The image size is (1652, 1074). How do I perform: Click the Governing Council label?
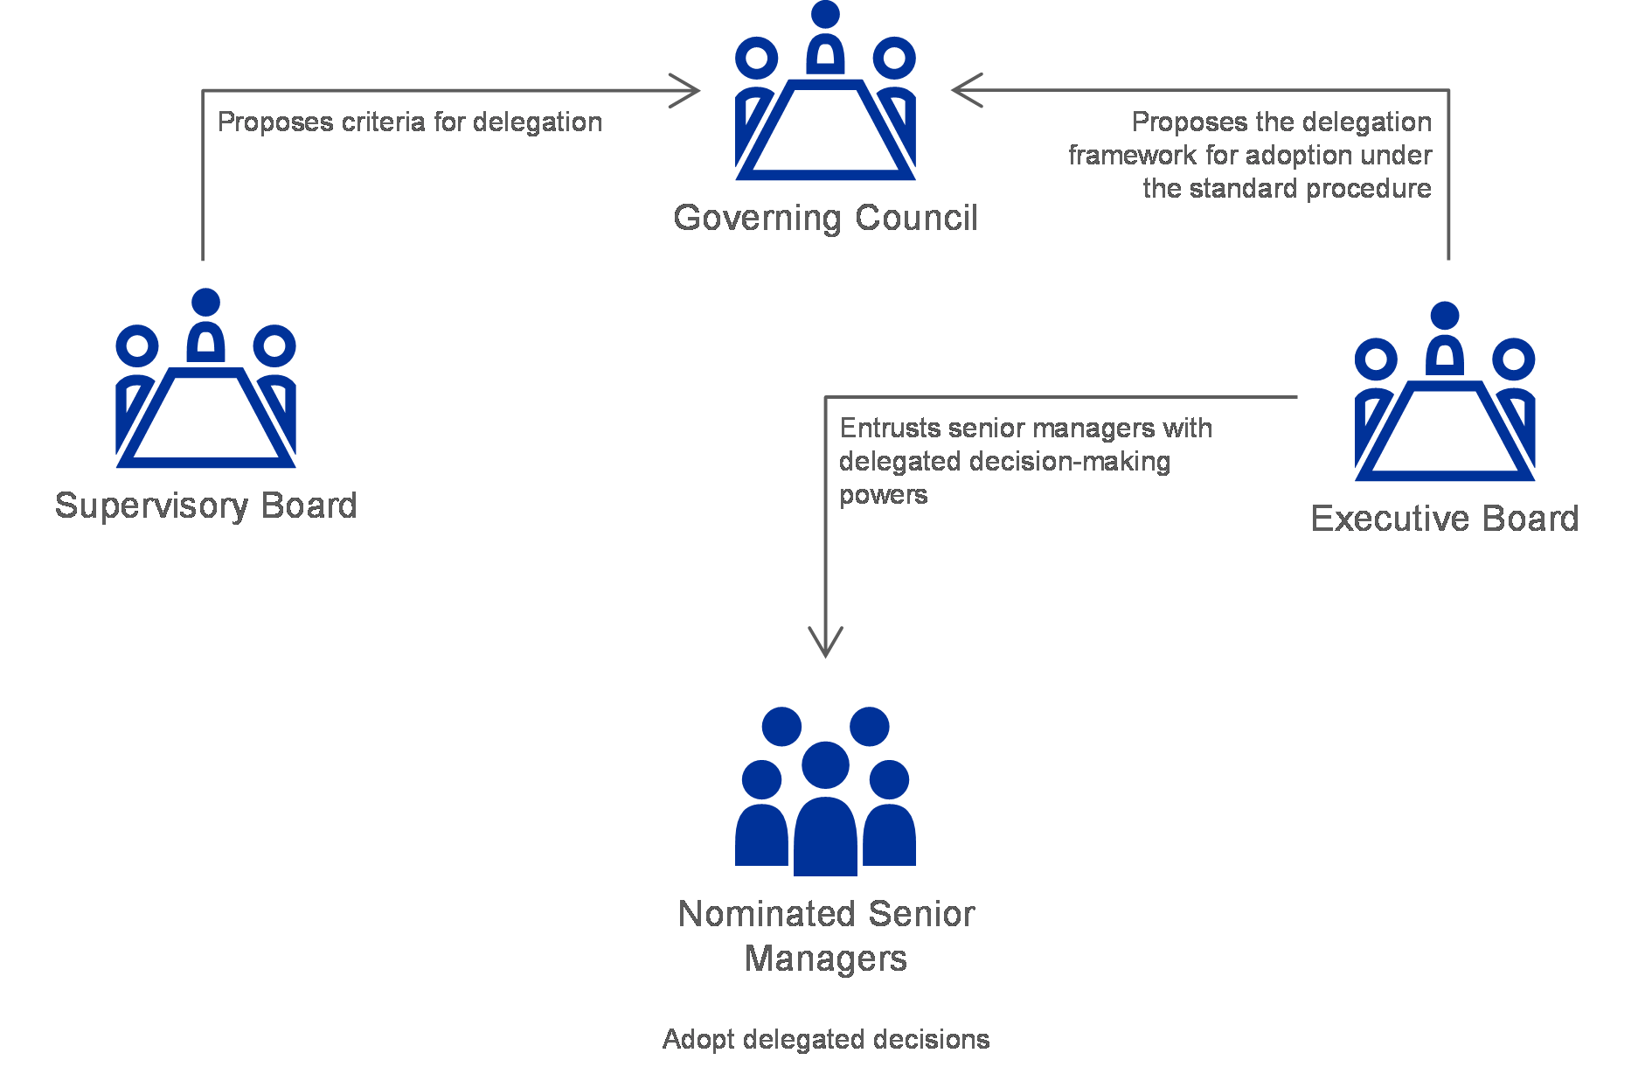click(825, 218)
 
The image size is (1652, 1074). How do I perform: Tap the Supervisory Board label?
click(206, 506)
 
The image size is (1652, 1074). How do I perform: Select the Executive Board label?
click(1445, 519)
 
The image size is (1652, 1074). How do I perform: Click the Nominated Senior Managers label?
click(826, 936)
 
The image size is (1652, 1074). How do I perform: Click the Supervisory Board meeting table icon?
click(205, 378)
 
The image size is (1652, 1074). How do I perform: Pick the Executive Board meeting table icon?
click(1445, 391)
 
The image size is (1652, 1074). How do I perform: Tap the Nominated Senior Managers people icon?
click(825, 792)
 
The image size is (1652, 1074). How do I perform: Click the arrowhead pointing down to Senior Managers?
click(826, 643)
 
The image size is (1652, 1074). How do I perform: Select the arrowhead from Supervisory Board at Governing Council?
click(686, 90)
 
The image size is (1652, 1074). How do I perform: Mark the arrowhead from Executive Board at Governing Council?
click(966, 90)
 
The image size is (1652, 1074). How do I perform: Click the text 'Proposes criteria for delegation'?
click(410, 122)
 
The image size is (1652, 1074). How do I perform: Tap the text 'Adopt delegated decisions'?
click(826, 1039)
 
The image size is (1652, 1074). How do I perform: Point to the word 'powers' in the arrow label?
click(883, 496)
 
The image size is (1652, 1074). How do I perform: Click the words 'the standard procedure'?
click(1287, 188)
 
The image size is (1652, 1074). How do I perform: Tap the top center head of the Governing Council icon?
click(825, 14)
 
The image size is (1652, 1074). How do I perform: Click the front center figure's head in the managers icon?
click(825, 765)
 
